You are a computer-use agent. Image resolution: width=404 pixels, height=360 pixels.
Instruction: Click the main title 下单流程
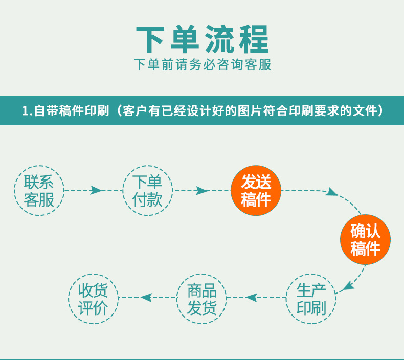(x=202, y=39)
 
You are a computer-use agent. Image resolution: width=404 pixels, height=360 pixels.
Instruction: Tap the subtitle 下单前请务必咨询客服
(x=202, y=65)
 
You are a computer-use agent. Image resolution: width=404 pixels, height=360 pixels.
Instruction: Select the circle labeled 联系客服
(x=39, y=190)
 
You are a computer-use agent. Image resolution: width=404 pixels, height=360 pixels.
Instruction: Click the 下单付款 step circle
(x=147, y=190)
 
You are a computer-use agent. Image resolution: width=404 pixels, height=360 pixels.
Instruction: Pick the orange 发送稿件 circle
(x=256, y=190)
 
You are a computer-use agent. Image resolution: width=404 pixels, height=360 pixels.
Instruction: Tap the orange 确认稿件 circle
(x=365, y=239)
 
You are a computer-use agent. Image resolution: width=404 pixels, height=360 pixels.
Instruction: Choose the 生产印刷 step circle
(x=311, y=299)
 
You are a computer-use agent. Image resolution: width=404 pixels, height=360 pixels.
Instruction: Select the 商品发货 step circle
(x=201, y=299)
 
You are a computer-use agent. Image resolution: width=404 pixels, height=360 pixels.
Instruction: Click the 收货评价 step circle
(x=93, y=299)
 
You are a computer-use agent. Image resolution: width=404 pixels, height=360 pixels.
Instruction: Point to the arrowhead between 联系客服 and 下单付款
(x=96, y=190)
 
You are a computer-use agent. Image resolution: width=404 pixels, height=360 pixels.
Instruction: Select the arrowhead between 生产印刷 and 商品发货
(x=251, y=297)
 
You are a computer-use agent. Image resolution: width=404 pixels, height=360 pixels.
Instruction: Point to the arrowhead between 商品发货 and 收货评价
(x=146, y=297)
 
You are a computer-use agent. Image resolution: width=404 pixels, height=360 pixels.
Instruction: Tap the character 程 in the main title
(x=252, y=39)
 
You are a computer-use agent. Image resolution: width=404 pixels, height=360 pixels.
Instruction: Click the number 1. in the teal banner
(x=28, y=110)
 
